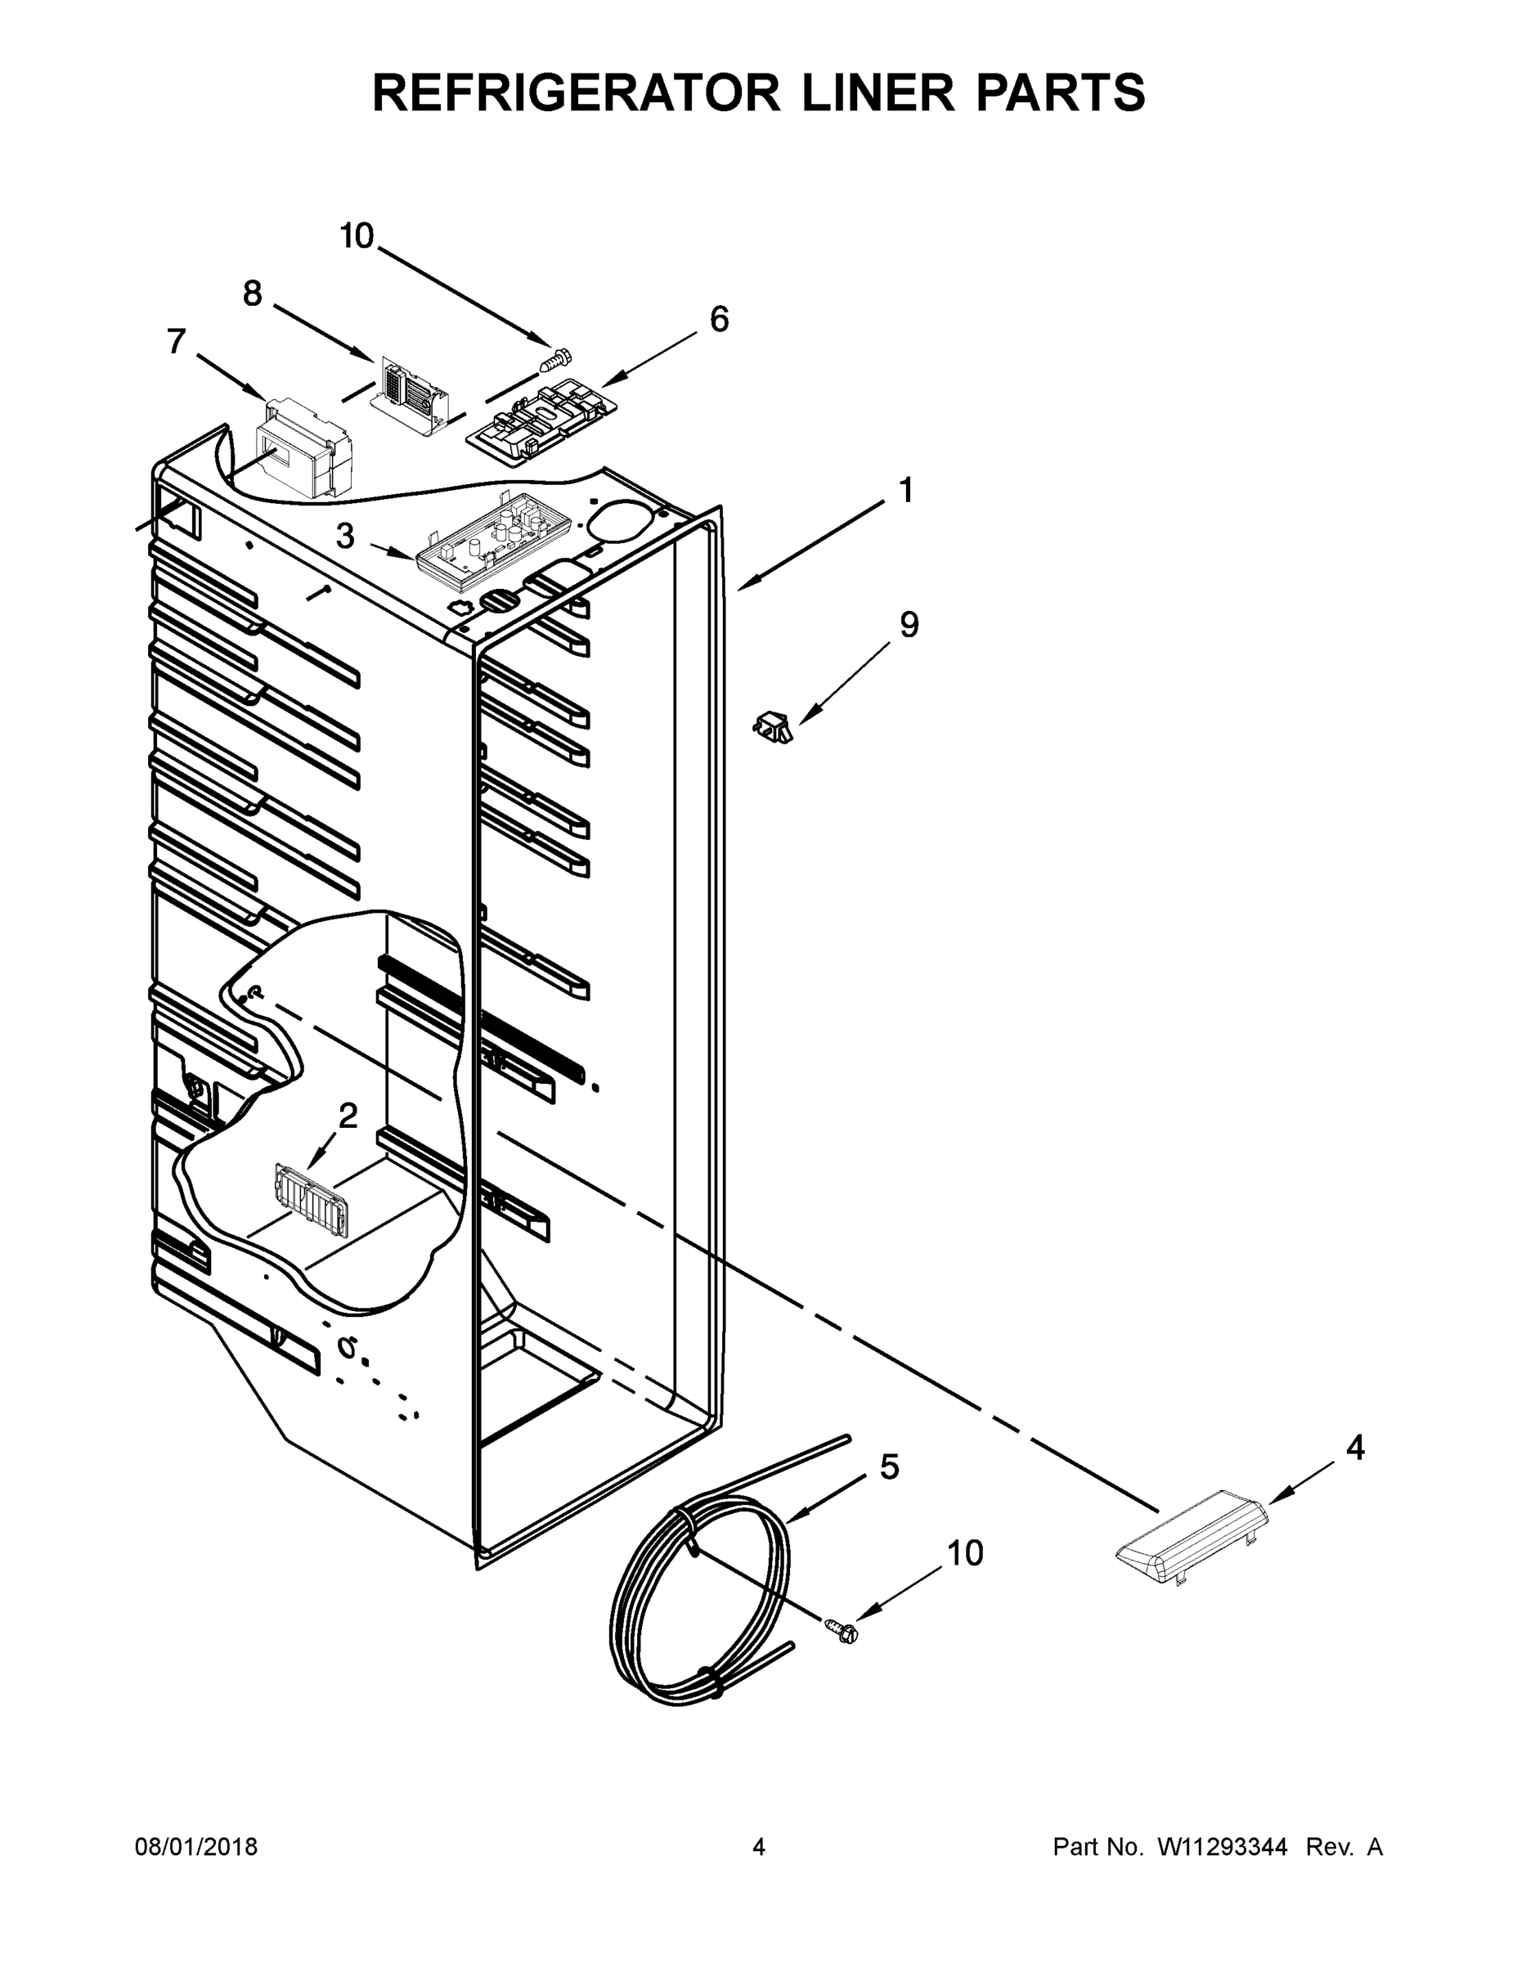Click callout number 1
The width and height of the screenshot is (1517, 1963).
[906, 491]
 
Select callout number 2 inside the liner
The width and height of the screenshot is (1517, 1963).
[347, 1116]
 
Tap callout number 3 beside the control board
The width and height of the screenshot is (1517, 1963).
[346, 537]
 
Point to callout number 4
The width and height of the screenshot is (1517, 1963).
[1355, 1447]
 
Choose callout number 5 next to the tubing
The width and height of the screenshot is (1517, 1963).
[889, 1467]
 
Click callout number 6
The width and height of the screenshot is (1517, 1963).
[719, 319]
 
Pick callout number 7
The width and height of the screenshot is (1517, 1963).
[176, 342]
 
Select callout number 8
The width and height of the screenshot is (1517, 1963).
[253, 293]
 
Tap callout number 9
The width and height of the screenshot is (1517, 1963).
[909, 624]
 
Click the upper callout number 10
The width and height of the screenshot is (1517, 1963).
[357, 236]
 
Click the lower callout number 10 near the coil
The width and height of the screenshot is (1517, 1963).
[965, 1552]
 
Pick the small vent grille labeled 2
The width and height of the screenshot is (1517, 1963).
[310, 1200]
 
